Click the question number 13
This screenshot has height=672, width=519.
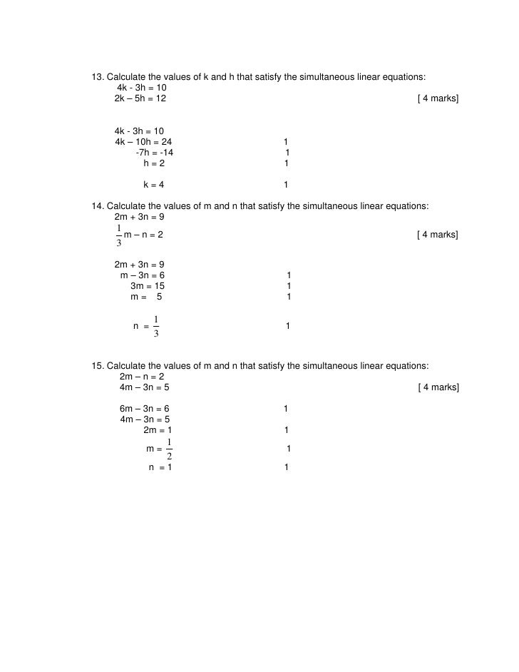tap(98, 77)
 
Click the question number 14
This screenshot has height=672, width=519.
tap(98, 206)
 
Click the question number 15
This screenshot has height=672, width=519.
tap(98, 366)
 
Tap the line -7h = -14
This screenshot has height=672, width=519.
tap(154, 153)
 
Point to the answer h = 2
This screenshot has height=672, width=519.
tap(154, 163)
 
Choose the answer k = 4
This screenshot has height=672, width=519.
tap(154, 185)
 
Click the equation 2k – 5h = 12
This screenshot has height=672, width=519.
tap(140, 98)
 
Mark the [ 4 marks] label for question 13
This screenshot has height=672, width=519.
tap(438, 98)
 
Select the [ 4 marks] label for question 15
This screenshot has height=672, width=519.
tap(438, 387)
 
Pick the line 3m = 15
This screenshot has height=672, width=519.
tap(148, 286)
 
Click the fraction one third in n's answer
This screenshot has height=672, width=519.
tap(156, 326)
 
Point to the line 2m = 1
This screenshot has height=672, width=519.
tap(158, 430)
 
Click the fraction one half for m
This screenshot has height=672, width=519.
tap(168, 449)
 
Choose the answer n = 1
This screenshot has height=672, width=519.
tap(160, 467)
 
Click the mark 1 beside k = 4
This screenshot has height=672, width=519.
tap(286, 185)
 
